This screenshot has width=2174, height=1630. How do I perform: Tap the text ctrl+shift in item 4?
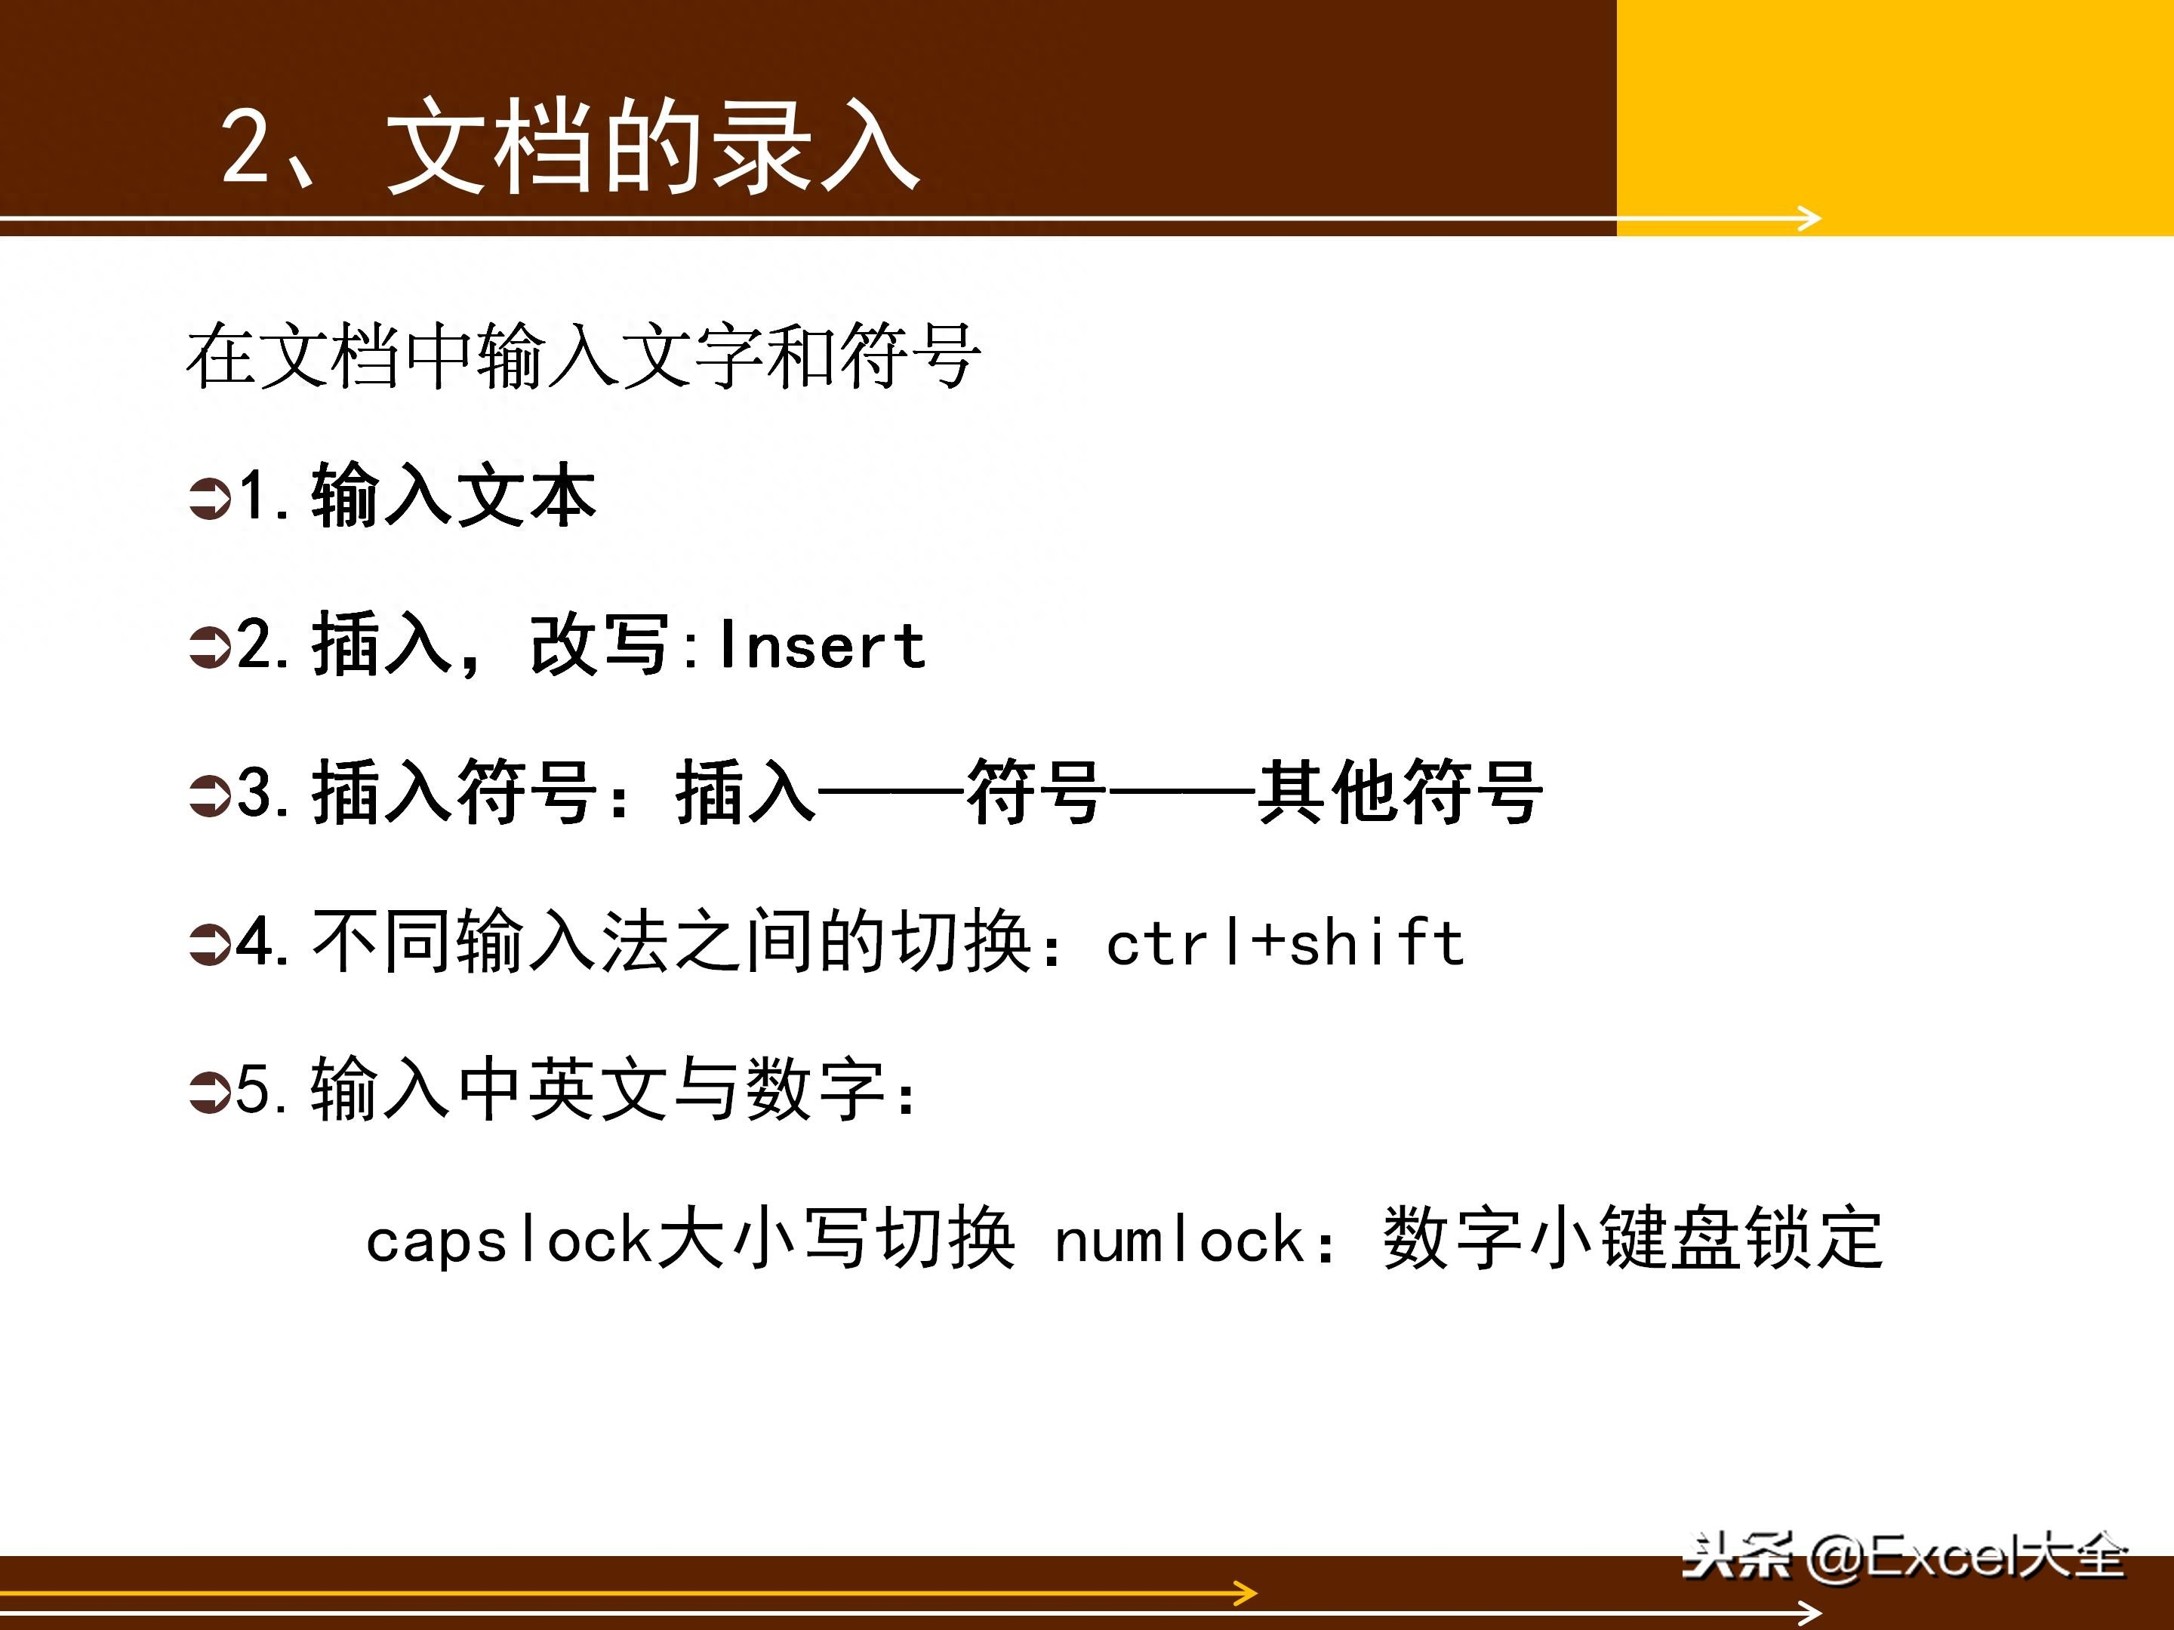pyautogui.click(x=1286, y=943)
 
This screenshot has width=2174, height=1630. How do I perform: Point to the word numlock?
pyautogui.click(x=1178, y=1238)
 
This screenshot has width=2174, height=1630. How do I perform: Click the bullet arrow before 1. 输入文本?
pyautogui.click(x=209, y=497)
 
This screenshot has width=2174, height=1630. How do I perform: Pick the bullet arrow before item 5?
pyautogui.click(x=209, y=1093)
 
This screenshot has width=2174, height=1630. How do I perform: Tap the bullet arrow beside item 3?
pyautogui.click(x=209, y=796)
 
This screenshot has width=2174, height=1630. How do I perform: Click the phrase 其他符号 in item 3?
pyautogui.click(x=1400, y=792)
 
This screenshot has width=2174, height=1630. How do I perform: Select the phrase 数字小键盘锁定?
pyautogui.click(x=1634, y=1238)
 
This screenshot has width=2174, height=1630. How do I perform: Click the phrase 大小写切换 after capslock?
pyautogui.click(x=836, y=1238)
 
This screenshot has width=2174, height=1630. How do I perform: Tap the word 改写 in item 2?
pyautogui.click(x=601, y=645)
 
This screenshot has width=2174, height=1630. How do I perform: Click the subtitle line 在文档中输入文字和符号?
pyautogui.click(x=584, y=355)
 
